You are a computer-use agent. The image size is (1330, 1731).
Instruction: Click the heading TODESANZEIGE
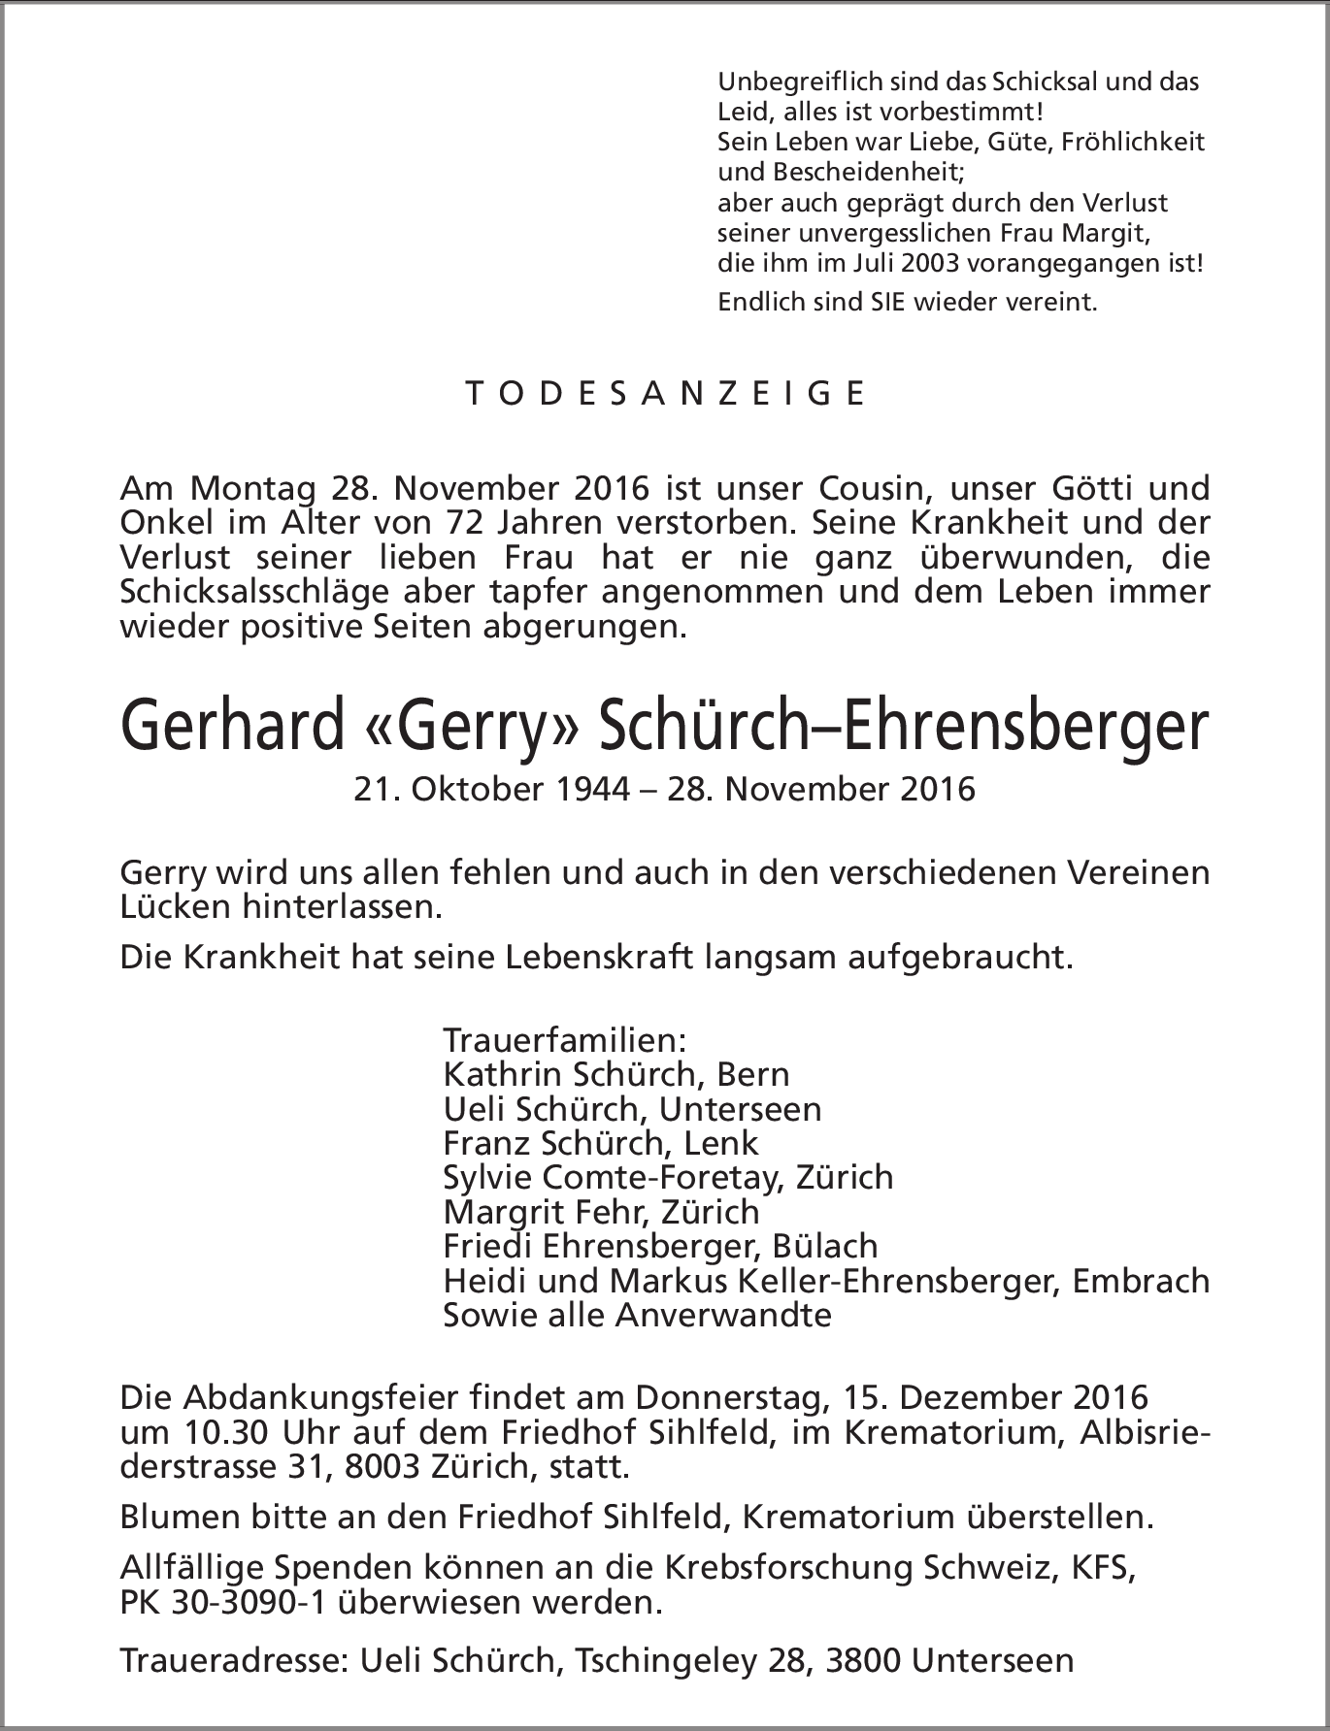pyautogui.click(x=665, y=393)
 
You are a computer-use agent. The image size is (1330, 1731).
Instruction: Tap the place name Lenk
pyautogui.click(x=721, y=1143)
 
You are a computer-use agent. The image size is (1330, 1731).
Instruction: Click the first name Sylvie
pyautogui.click(x=483, y=1178)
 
